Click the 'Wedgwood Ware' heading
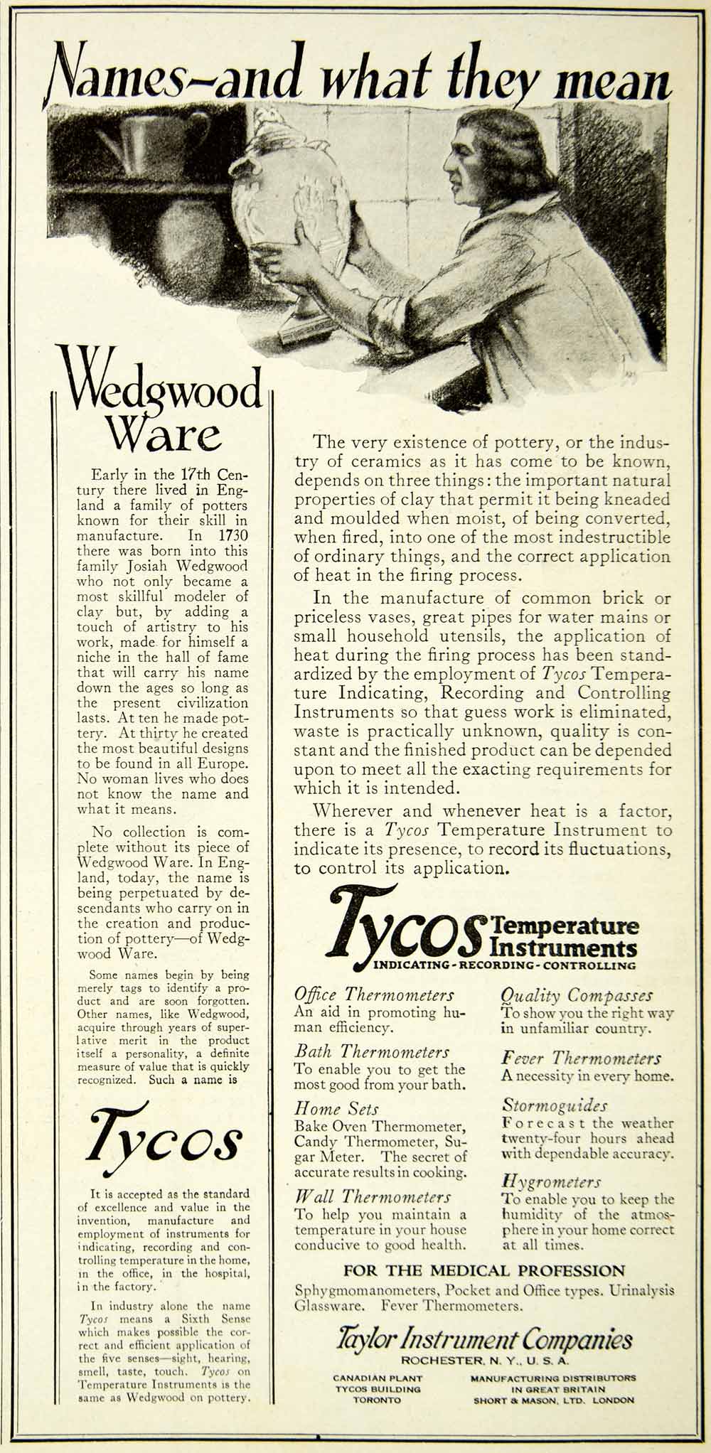[x=163, y=409]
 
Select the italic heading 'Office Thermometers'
[x=374, y=994]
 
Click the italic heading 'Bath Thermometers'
[x=372, y=1051]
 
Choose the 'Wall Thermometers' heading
[x=373, y=1197]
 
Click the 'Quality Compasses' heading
[x=577, y=995]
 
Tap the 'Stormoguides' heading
[x=555, y=1105]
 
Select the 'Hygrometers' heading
[x=552, y=1182]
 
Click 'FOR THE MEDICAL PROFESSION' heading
[x=484, y=1270]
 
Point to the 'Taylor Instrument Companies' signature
[x=484, y=1340]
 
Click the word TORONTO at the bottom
[x=378, y=1400]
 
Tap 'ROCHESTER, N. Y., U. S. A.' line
[x=484, y=1361]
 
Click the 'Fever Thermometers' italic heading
[x=581, y=1058]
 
